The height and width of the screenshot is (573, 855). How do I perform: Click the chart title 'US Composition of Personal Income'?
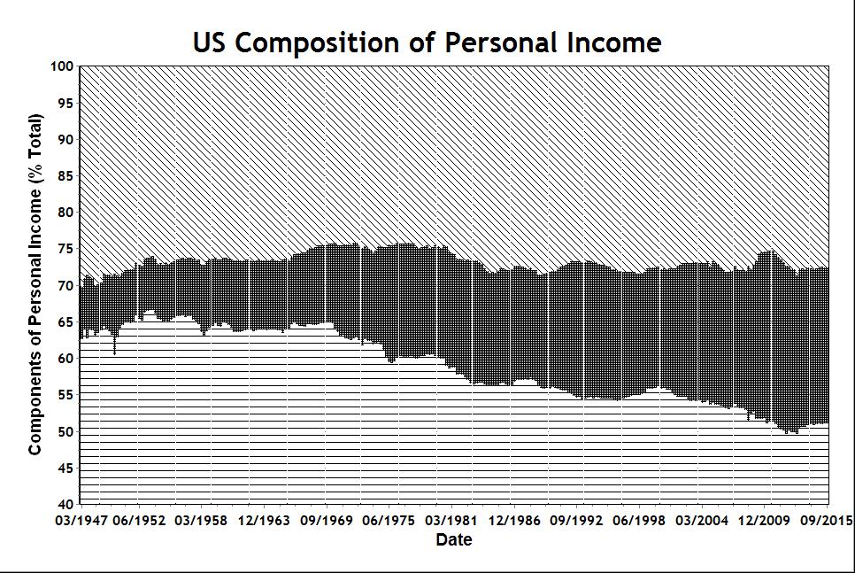pyautogui.click(x=427, y=42)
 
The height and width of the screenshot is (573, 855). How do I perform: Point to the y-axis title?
pyautogui.click(x=35, y=284)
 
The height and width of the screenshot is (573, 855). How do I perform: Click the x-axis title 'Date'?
pyautogui.click(x=454, y=539)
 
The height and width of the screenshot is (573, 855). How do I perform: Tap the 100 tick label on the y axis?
pyautogui.click(x=61, y=66)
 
